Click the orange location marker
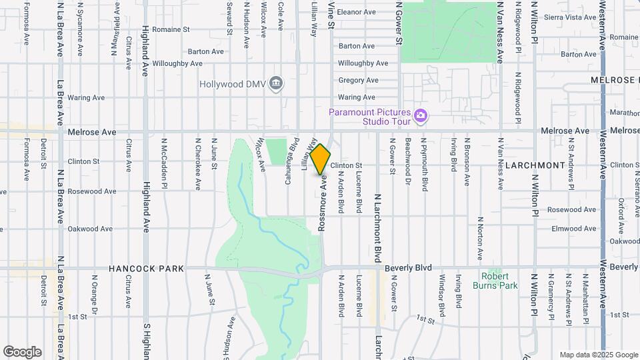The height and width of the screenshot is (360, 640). (320, 159)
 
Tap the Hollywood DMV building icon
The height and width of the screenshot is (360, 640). (277, 83)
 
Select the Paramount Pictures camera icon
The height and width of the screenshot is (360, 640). (420, 116)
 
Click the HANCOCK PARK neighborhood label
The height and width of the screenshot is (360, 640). (147, 269)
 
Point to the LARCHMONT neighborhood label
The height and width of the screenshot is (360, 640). (535, 165)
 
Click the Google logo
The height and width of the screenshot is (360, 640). (22, 352)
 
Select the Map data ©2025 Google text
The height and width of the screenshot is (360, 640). (598, 355)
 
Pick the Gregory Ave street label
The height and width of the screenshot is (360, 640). (358, 80)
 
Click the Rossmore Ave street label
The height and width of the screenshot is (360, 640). (323, 203)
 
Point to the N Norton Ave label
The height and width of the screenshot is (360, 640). (480, 238)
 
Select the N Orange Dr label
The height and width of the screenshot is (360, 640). (95, 295)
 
